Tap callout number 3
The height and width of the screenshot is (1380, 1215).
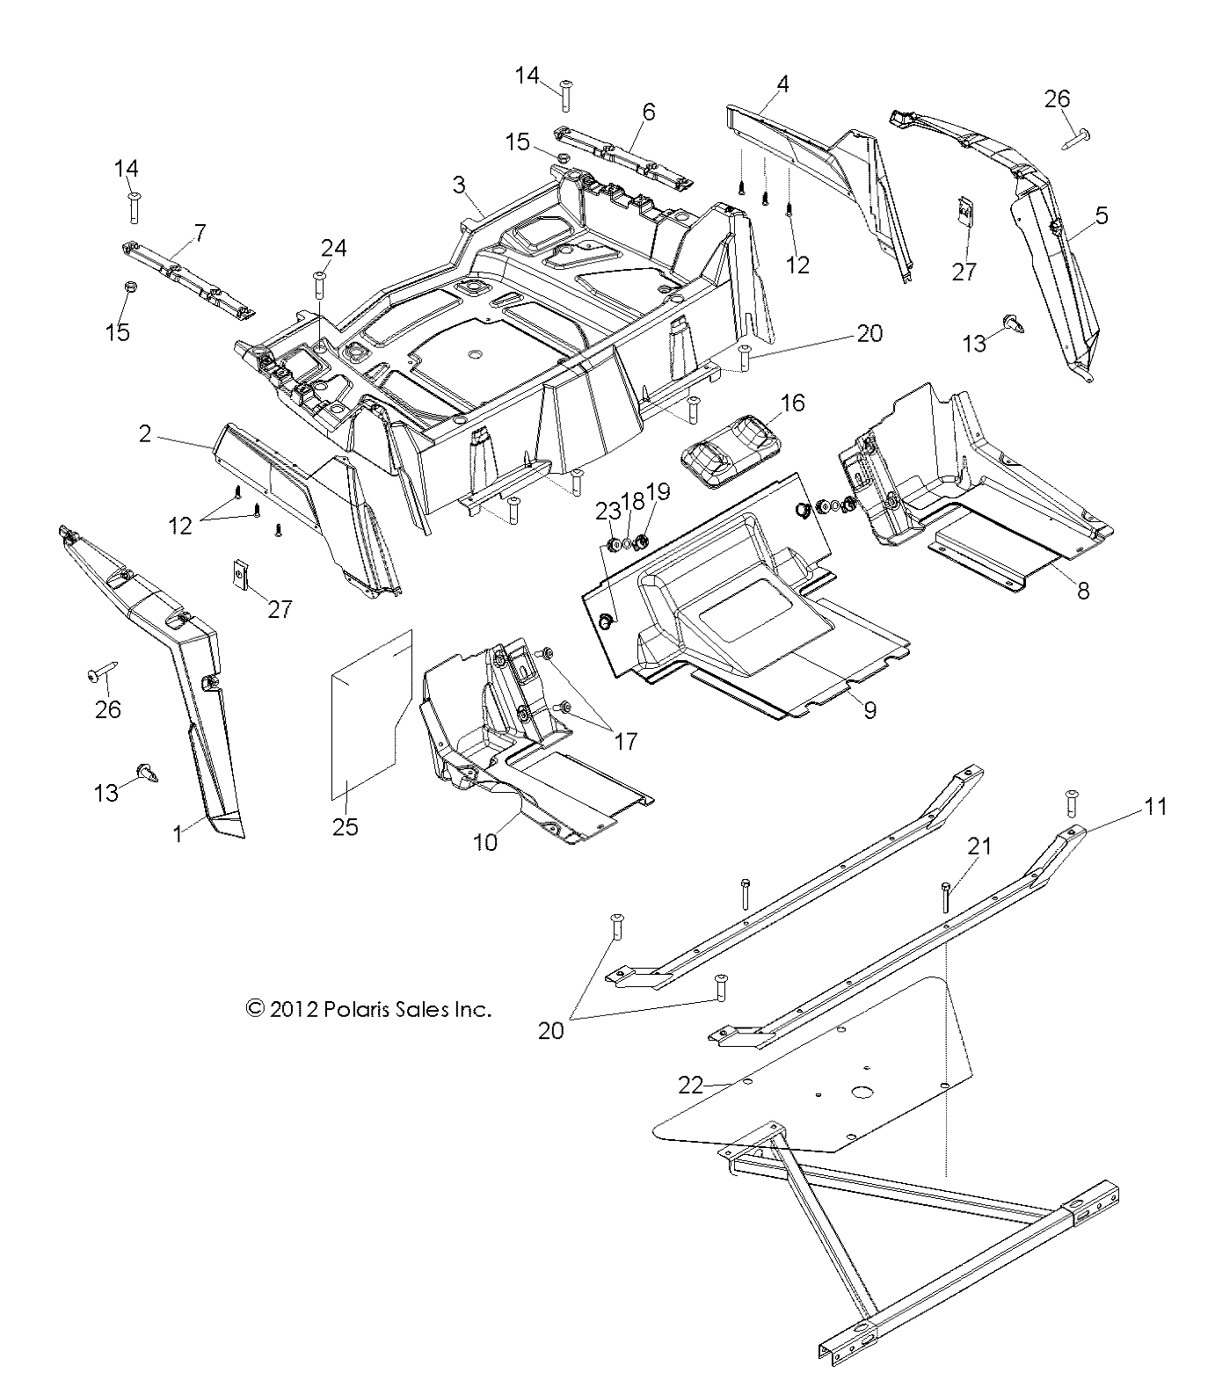click(459, 185)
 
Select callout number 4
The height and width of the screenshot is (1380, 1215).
click(782, 84)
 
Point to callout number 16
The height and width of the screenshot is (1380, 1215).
click(792, 403)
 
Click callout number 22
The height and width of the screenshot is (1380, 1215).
click(690, 1086)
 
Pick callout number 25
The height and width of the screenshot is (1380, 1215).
click(346, 827)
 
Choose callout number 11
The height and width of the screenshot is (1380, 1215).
click(1155, 806)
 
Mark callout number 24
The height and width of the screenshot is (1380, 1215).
click(333, 248)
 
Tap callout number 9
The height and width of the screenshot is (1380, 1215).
click(869, 710)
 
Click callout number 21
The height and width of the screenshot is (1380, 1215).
click(979, 846)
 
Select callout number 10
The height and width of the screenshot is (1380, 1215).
click(485, 842)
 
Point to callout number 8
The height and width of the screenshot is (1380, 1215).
click(1083, 591)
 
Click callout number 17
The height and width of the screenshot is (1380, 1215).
click(625, 741)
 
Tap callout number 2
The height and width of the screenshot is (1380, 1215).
click(145, 433)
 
